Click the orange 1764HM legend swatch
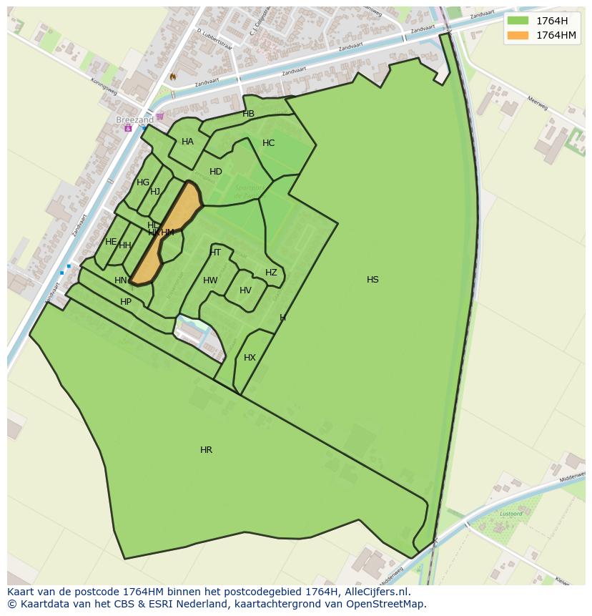[518, 35]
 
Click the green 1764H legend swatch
[518, 20]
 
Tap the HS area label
[373, 280]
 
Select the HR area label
[206, 450]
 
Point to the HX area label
[250, 358]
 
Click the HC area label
[268, 143]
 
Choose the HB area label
[248, 114]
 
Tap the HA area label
[187, 142]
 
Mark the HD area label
[216, 172]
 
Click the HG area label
[143, 182]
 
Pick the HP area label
[126, 302]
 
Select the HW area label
[210, 280]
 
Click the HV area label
[245, 290]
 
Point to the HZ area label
[271, 273]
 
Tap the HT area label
[215, 253]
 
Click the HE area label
[111, 242]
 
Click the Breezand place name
[134, 120]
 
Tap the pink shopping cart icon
[160, 116]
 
